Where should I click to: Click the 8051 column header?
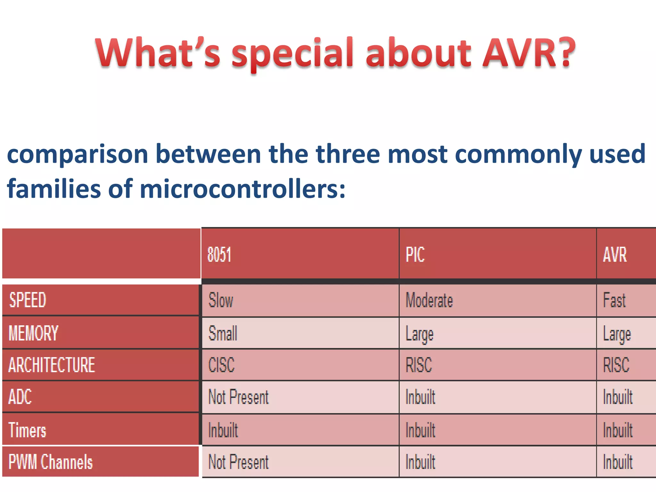(219, 255)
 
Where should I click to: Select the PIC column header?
(415, 255)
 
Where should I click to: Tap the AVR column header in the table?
(615, 255)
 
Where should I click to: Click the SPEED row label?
(28, 300)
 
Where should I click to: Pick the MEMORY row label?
(34, 333)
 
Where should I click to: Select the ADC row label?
(20, 397)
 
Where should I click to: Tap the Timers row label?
(28, 430)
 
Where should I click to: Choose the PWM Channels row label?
(51, 462)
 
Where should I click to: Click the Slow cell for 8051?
(221, 300)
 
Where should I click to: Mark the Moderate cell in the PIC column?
(429, 300)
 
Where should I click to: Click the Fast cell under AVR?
(614, 300)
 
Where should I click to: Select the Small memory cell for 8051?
(223, 333)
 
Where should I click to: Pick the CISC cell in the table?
(222, 365)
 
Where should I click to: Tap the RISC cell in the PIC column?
(419, 365)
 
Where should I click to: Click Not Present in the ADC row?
(239, 397)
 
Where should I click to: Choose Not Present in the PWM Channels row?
(239, 462)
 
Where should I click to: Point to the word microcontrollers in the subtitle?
(242, 189)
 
